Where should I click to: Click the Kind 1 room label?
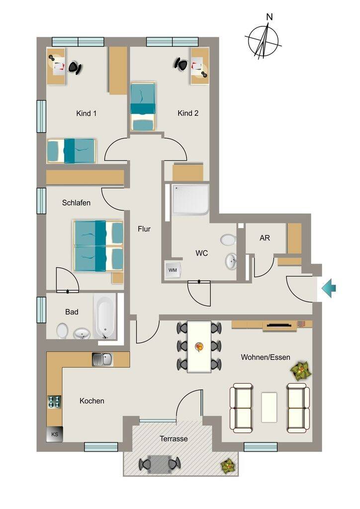pos(86,113)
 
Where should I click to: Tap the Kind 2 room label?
pos(188,113)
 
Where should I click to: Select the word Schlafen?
pos(76,203)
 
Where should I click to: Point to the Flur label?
pos(144,229)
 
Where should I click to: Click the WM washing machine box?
pos(173,270)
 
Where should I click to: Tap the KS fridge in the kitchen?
pos(55,434)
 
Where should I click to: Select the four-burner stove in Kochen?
pos(54,402)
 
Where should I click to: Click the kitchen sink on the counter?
pos(102,359)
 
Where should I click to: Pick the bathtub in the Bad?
pos(105,316)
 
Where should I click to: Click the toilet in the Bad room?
pos(62,331)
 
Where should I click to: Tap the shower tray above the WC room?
pos(190,200)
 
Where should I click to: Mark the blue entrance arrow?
pos(329,288)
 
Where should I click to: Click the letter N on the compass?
pos(269,16)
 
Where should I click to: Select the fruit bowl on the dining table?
pos(199,346)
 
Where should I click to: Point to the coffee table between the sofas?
pos(269,407)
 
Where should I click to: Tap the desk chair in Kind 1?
pos(75,68)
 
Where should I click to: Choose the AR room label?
pos(265,238)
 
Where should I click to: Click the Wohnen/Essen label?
pos(266,357)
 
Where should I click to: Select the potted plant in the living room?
pos(301,371)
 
